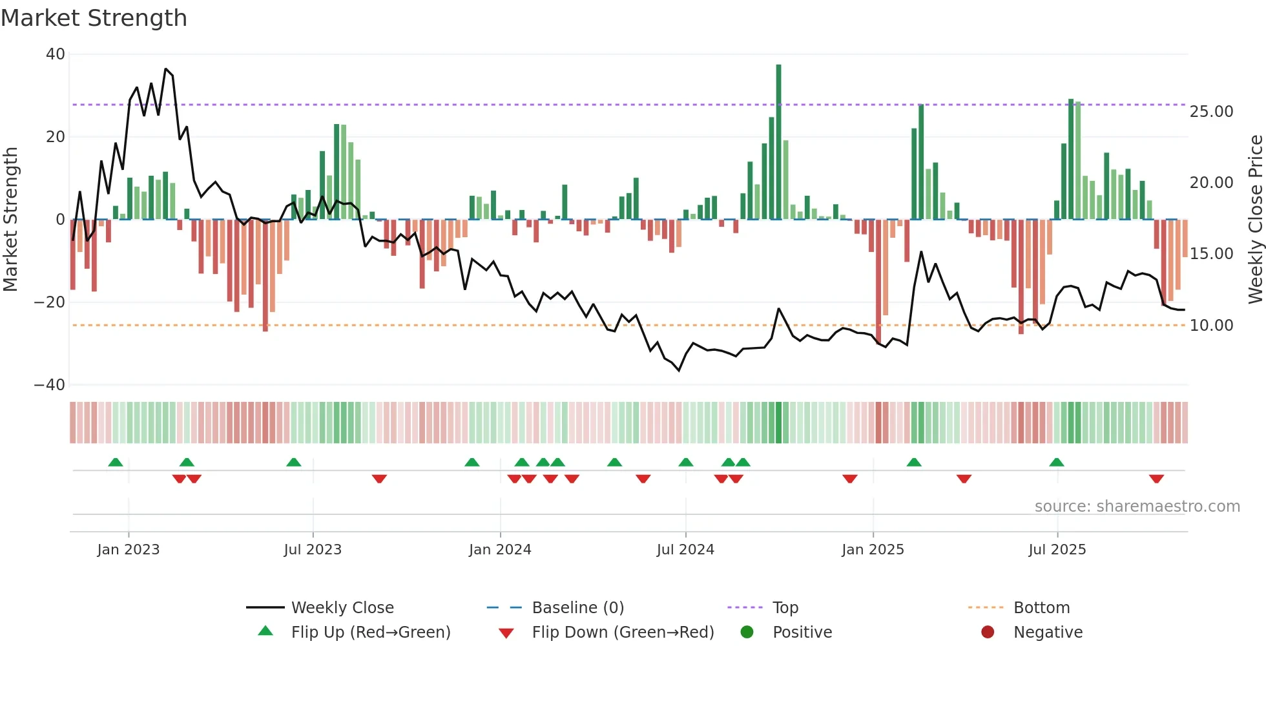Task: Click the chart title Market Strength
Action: coord(94,18)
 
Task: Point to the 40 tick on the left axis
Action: coord(56,54)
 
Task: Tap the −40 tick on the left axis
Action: coord(50,385)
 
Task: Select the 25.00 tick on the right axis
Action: coord(1211,112)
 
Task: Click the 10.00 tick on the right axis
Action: coord(1211,326)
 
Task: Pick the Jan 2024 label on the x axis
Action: coord(500,550)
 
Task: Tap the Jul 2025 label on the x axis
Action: coord(1057,550)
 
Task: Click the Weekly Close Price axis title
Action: coord(1255,219)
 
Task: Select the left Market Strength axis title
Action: coord(11,219)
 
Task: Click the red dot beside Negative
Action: coord(987,632)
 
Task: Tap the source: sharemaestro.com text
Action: coord(1137,507)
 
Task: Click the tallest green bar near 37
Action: coord(778,142)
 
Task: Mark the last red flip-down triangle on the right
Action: coord(1156,479)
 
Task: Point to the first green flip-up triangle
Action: coord(116,462)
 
